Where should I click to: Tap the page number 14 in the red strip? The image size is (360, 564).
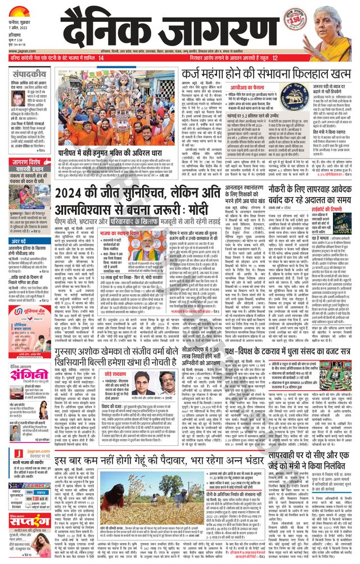[101, 58]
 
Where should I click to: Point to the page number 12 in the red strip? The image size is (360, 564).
[275, 58]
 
